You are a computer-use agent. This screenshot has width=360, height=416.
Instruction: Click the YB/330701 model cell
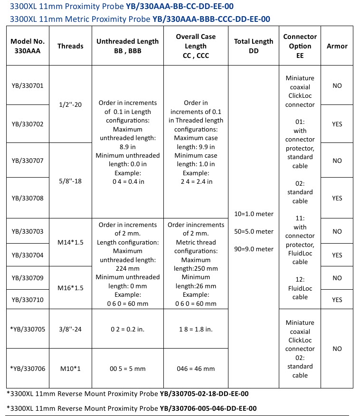(28, 86)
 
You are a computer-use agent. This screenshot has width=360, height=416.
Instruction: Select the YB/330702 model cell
(28, 124)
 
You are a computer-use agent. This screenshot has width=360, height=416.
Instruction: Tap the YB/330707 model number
(28, 161)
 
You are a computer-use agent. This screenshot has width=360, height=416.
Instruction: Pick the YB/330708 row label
(28, 198)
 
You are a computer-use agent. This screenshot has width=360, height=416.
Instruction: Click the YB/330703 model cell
(28, 231)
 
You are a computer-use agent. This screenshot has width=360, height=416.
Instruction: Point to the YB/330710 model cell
(28, 300)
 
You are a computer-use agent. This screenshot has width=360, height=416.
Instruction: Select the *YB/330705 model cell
(28, 329)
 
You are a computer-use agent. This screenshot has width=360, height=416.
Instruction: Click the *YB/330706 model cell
(28, 369)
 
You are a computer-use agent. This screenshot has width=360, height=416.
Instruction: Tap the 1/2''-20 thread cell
(70, 104)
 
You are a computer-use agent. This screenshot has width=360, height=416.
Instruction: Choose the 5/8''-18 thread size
(70, 180)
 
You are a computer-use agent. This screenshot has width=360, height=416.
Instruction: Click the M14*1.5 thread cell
(70, 243)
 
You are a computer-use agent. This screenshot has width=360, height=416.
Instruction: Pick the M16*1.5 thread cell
(70, 288)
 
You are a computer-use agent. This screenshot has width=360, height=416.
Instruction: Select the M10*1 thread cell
(70, 369)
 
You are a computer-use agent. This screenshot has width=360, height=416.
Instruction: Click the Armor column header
(337, 46)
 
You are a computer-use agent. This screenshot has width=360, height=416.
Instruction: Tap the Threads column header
(70, 46)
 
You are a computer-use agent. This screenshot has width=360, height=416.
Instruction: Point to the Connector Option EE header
(300, 46)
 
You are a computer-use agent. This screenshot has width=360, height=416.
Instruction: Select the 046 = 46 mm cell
(195, 369)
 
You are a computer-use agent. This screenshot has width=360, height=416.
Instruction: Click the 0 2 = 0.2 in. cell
(128, 329)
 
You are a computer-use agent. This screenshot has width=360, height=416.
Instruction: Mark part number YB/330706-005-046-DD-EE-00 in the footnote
(208, 408)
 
